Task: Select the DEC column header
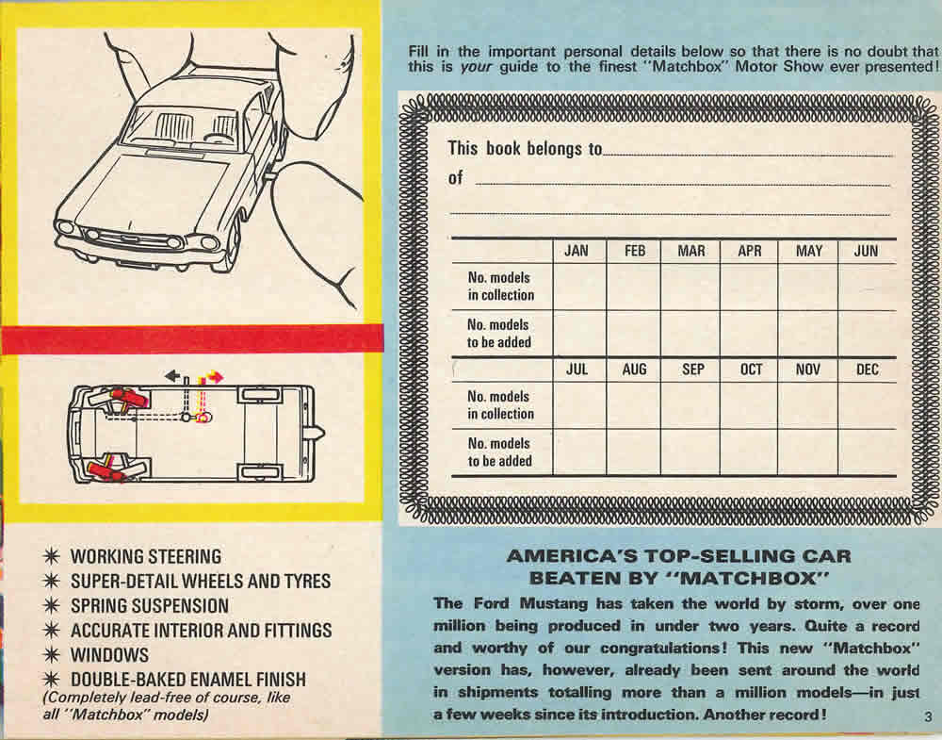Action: [867, 370]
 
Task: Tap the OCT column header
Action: [751, 370]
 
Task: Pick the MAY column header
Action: [808, 251]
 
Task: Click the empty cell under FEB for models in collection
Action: [634, 287]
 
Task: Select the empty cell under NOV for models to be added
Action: [808, 452]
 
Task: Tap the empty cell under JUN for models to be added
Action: [867, 334]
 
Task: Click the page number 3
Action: [927, 715]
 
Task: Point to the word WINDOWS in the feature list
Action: [110, 654]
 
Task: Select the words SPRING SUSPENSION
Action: [150, 605]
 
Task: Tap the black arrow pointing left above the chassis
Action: [172, 376]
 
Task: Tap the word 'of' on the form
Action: [456, 178]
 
